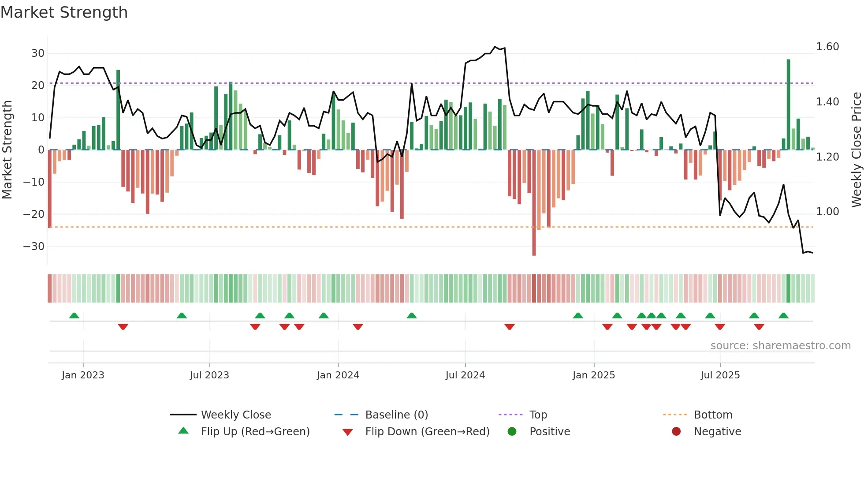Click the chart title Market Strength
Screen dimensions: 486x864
click(64, 12)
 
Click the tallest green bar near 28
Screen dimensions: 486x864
click(788, 104)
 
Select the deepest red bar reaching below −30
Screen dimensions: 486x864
click(534, 203)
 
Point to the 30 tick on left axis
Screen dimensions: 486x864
click(38, 53)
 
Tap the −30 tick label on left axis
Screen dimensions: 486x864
click(34, 247)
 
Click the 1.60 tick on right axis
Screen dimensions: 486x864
click(827, 47)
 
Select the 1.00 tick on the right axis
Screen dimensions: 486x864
click(827, 212)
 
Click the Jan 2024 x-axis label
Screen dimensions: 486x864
click(338, 375)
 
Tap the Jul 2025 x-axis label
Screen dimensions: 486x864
click(720, 375)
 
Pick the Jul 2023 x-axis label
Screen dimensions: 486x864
click(209, 375)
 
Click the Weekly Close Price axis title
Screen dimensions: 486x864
click(856, 150)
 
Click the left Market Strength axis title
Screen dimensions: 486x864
click(7, 150)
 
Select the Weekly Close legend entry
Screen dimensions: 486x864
click(236, 415)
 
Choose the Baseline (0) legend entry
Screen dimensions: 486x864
click(396, 415)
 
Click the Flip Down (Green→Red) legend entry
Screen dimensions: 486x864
click(427, 432)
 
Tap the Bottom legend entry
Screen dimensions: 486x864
click(713, 415)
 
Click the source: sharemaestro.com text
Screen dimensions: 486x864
click(780, 346)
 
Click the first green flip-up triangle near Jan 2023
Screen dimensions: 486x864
click(74, 315)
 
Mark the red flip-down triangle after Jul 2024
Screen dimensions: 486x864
click(510, 327)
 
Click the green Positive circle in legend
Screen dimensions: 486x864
click(512, 432)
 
